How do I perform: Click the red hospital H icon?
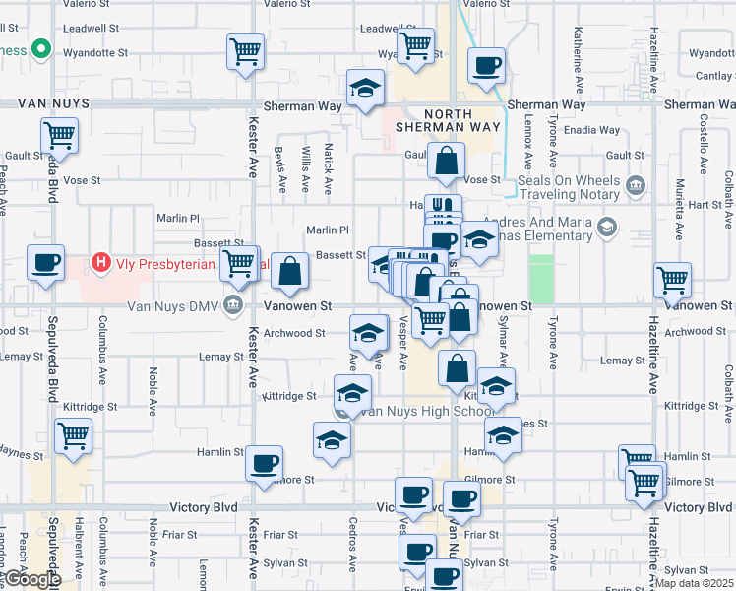[99, 262]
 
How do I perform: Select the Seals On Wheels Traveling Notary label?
[572, 185]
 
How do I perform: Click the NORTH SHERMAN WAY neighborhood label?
[448, 120]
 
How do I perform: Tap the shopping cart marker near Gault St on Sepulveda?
[60, 136]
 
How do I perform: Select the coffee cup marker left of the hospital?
[45, 262]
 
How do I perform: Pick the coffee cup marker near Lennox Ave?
[486, 66]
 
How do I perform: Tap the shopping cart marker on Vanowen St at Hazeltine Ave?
[672, 280]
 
